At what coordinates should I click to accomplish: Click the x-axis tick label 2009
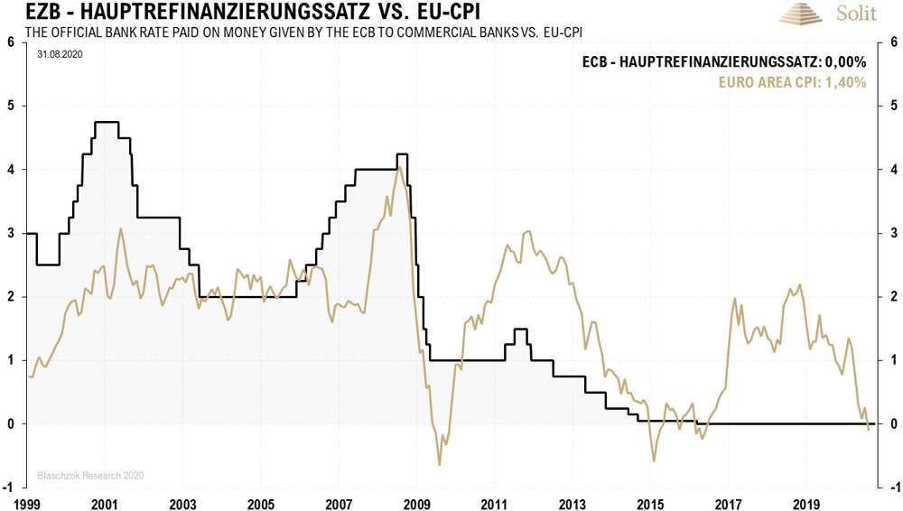tap(416, 502)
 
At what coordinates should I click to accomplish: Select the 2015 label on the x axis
tap(650, 502)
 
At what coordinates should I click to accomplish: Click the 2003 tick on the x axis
tap(182, 502)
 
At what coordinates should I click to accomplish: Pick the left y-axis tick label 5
tap(10, 106)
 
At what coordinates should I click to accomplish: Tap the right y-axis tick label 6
tap(892, 42)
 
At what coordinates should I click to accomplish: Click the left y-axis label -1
tap(9, 488)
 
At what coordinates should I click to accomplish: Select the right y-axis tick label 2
tap(892, 297)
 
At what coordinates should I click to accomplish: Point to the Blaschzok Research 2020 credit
tap(90, 475)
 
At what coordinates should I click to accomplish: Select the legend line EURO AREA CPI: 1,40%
tap(792, 82)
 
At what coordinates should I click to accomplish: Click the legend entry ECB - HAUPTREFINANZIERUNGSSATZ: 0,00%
tap(723, 62)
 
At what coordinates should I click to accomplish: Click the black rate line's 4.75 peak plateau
tap(107, 122)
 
